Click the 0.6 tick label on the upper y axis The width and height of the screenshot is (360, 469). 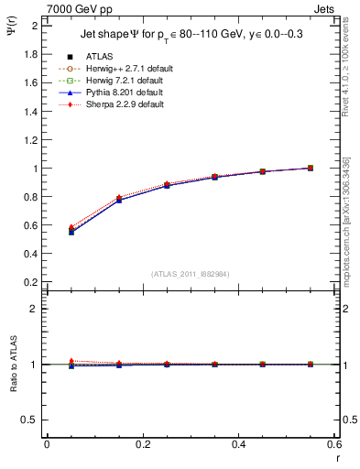tap(31, 225)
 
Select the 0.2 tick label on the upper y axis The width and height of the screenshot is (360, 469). tap(31, 282)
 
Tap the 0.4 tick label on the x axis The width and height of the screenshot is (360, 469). tap(238, 444)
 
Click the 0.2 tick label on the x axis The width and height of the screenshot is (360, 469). tap(142, 444)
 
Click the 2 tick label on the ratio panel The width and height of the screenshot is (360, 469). tap(35, 309)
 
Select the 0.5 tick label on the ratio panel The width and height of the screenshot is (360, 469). tap(31, 420)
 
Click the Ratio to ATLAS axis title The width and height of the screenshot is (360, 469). tap(13, 365)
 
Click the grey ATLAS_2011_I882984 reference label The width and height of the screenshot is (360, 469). tap(190, 274)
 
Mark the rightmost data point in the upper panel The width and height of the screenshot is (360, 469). tap(311, 168)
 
